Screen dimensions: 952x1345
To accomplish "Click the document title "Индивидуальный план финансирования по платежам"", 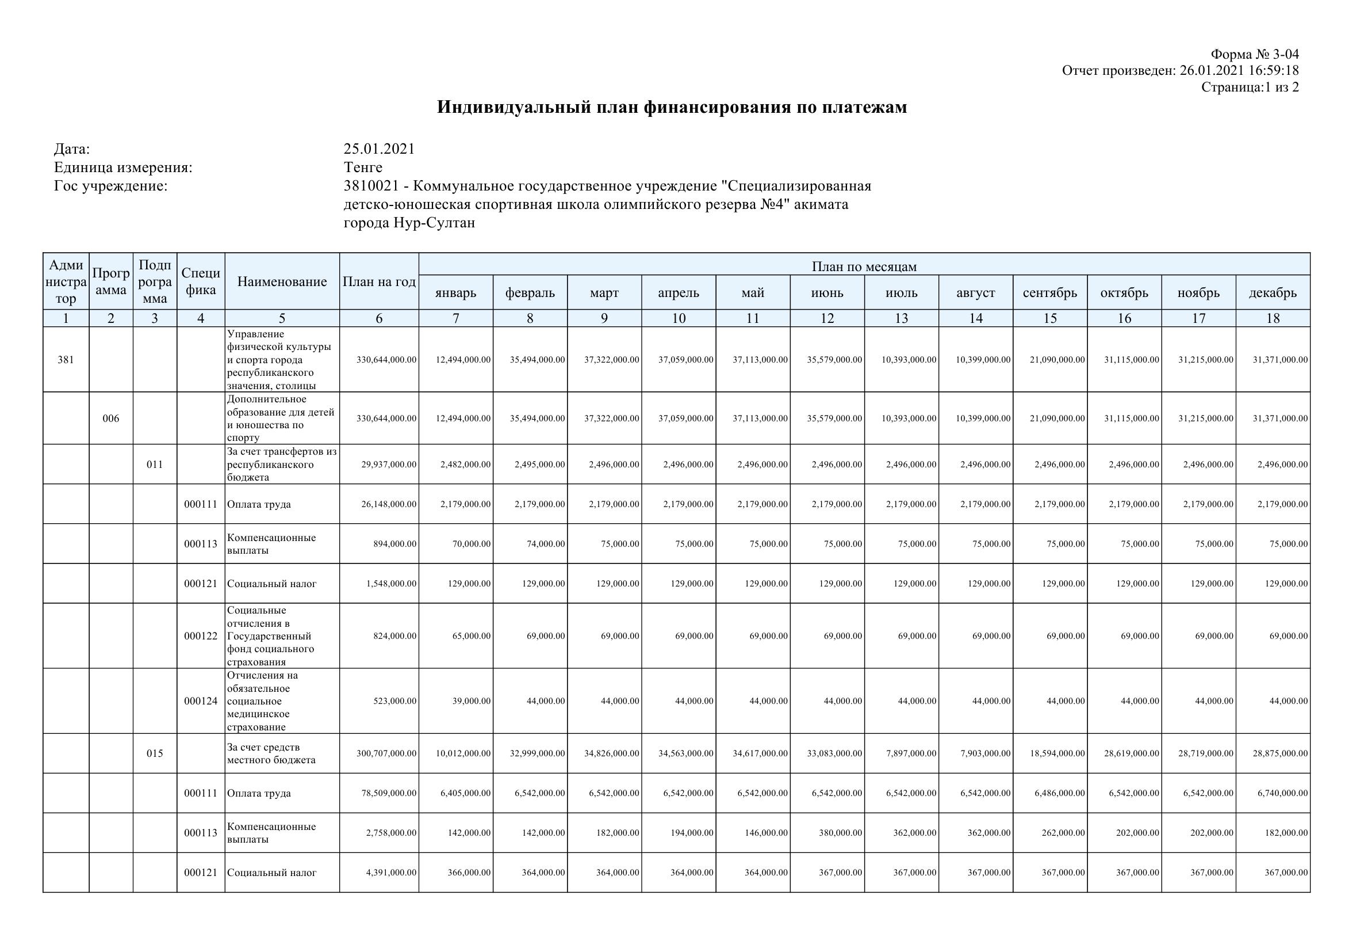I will click(x=672, y=107).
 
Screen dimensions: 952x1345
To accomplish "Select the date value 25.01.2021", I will click(x=379, y=149).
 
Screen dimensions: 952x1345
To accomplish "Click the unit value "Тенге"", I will click(x=363, y=167).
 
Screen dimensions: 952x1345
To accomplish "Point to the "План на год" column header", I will click(x=379, y=282).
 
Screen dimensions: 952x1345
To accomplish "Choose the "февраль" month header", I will click(x=530, y=292).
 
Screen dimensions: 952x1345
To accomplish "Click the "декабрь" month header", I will click(x=1273, y=292).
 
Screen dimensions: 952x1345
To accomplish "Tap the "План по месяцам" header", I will click(x=864, y=266).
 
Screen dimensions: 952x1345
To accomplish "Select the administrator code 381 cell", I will click(x=66, y=360).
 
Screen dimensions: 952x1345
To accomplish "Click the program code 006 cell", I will click(x=111, y=418).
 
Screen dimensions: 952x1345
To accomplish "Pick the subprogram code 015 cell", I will click(x=155, y=753).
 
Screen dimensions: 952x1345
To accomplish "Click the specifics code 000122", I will click(x=200, y=636).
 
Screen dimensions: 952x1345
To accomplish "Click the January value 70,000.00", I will click(x=471, y=544).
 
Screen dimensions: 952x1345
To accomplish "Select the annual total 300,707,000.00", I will click(x=386, y=753).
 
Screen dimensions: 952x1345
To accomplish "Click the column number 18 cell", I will click(x=1273, y=318).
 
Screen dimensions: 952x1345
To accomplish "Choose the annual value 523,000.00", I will click(x=395, y=701).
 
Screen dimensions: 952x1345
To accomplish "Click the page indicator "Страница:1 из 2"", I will click(x=1250, y=87).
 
